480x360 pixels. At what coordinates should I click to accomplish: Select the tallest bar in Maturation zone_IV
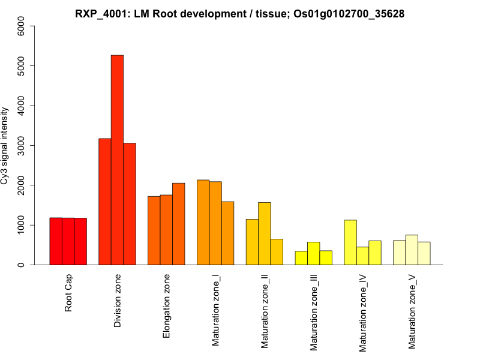(x=350, y=242)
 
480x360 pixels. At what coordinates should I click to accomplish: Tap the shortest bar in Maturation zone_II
(x=277, y=252)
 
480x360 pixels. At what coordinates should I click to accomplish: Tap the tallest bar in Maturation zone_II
(x=264, y=233)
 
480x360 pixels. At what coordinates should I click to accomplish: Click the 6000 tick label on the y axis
(x=22, y=26)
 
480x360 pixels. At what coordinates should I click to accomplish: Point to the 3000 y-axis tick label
(x=22, y=145)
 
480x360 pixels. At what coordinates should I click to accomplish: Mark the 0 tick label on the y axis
(x=22, y=265)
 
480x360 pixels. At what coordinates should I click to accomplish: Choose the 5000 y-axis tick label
(x=22, y=65)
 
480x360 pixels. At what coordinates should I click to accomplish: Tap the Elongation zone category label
(x=167, y=306)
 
